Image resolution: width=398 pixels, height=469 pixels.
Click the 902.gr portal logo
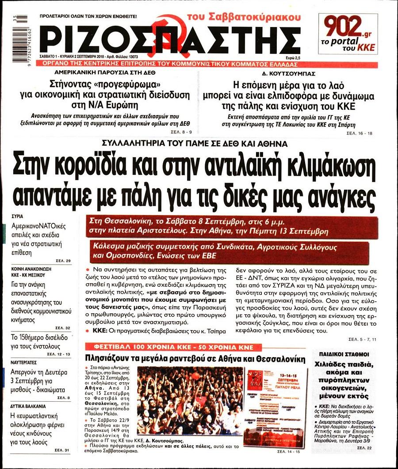pyautogui.click(x=348, y=33)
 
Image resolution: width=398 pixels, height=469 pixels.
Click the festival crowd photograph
pyautogui.click(x=190, y=400)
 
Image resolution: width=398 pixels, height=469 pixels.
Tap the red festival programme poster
pyautogui.click(x=276, y=400)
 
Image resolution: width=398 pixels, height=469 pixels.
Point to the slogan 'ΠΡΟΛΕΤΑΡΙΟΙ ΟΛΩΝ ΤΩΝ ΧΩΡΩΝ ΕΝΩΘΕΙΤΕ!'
pyautogui.click(x=88, y=16)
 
